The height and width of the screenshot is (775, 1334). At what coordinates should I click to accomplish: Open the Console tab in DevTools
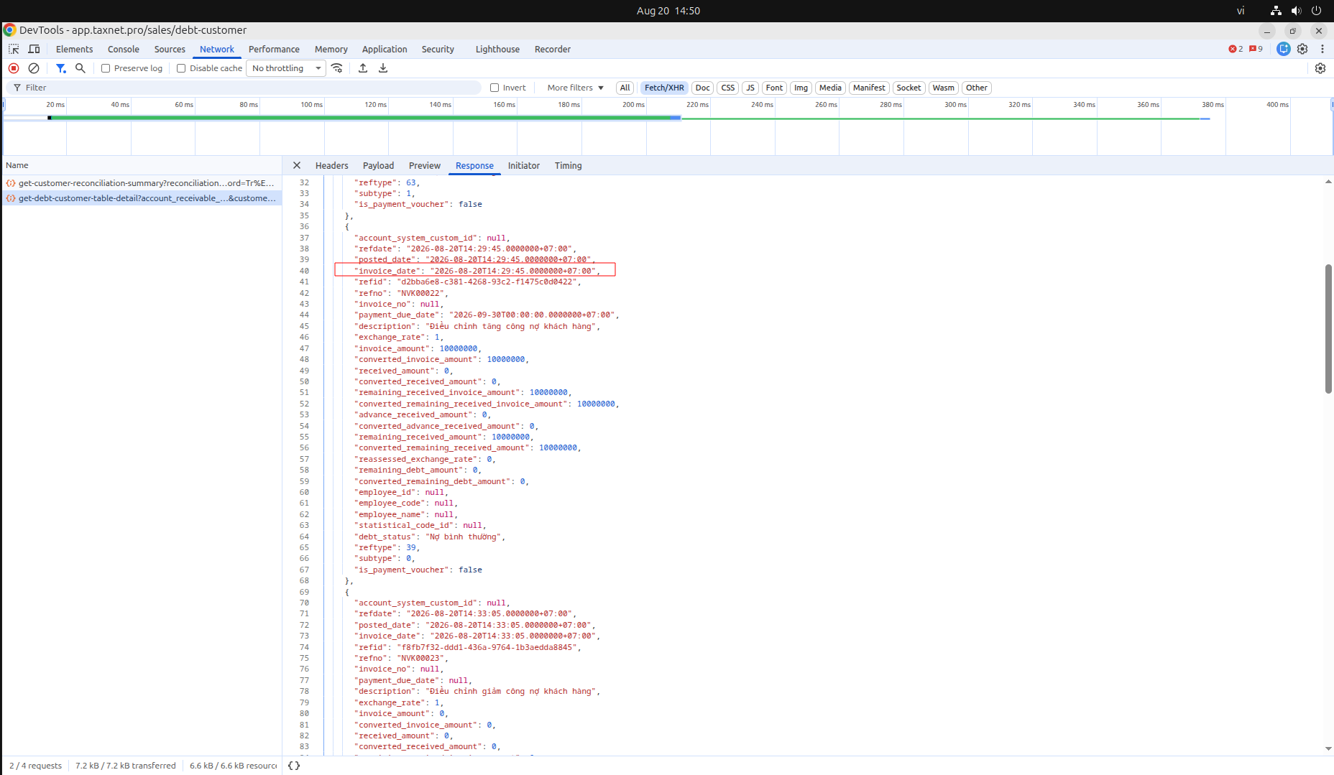[x=123, y=50]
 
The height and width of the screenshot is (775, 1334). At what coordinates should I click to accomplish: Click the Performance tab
[x=274, y=50]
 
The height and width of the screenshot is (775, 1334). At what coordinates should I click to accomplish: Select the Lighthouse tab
[x=497, y=50]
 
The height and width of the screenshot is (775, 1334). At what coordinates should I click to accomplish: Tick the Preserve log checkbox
[x=106, y=68]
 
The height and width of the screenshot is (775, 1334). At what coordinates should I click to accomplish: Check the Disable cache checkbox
[x=181, y=68]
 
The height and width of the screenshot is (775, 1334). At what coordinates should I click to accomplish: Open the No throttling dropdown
[x=286, y=68]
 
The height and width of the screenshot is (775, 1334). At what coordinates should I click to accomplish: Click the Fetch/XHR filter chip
[x=664, y=88]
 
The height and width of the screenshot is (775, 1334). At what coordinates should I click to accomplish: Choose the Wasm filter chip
[x=943, y=88]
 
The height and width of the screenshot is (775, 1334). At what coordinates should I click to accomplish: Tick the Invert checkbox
[x=494, y=88]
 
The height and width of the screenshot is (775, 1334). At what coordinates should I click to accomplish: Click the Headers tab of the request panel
[x=331, y=166]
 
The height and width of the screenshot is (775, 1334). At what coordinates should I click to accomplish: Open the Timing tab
[x=568, y=166]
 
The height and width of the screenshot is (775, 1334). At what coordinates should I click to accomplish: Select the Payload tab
[x=378, y=166]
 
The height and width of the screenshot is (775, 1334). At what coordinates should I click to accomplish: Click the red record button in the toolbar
[x=14, y=68]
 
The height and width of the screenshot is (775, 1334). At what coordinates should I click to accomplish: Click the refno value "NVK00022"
[x=422, y=293]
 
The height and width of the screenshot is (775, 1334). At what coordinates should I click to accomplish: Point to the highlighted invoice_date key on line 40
[x=387, y=271]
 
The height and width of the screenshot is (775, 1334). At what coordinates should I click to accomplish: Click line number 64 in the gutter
[x=304, y=537]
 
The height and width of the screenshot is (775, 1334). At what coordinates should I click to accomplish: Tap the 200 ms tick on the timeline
[x=633, y=105]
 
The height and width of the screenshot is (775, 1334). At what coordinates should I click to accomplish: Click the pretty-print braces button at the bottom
[x=294, y=766]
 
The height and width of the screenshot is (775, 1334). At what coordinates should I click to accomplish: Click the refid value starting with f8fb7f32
[x=487, y=647]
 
